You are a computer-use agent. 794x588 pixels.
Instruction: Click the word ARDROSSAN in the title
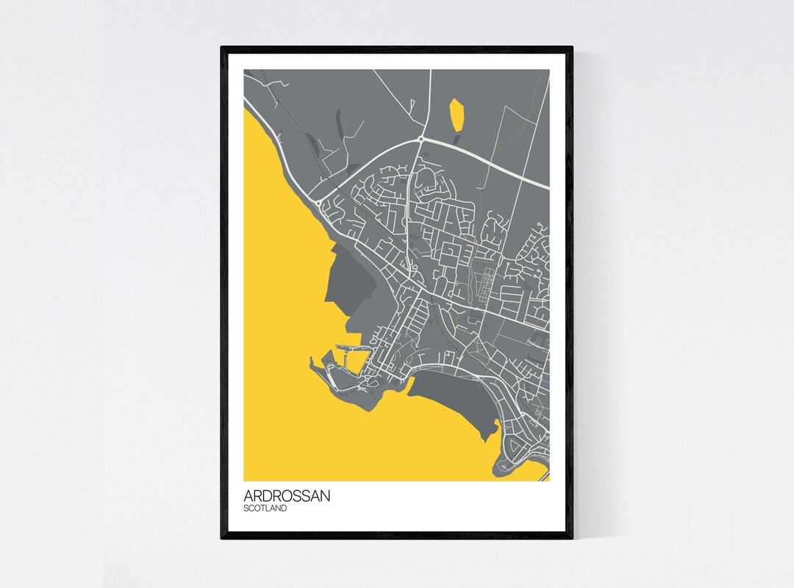(x=287, y=496)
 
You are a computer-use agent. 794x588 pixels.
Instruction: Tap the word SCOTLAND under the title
(x=265, y=508)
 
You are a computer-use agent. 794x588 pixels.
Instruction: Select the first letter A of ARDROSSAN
(x=248, y=496)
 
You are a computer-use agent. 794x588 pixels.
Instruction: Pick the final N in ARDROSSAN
(x=326, y=496)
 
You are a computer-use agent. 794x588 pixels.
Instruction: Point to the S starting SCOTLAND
(x=246, y=508)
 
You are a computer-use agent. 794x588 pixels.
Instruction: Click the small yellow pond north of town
(x=457, y=115)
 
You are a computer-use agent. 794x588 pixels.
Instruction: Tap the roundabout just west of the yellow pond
(x=421, y=138)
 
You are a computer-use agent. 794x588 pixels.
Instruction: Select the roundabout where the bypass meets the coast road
(x=317, y=201)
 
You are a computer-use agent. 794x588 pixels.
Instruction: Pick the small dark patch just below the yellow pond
(x=458, y=138)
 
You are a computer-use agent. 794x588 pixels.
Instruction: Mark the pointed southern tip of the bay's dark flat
(x=484, y=440)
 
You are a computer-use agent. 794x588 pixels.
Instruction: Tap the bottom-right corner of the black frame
(x=572, y=538)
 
